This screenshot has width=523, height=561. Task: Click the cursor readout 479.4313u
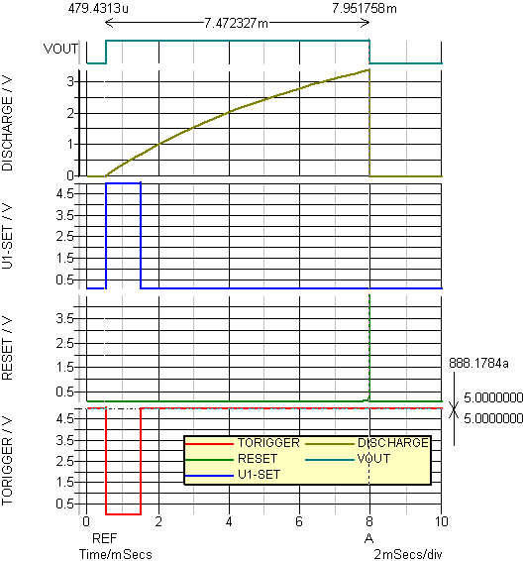pyautogui.click(x=98, y=8)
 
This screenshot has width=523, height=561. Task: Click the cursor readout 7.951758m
pyautogui.click(x=365, y=8)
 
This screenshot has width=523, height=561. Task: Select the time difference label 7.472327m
pyautogui.click(x=236, y=23)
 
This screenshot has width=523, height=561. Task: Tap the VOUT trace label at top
pyautogui.click(x=60, y=49)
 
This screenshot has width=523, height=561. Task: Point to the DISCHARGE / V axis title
pyautogui.click(x=7, y=124)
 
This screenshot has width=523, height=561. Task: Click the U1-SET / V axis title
pyautogui.click(x=7, y=236)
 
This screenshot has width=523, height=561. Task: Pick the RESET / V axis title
pyautogui.click(x=7, y=348)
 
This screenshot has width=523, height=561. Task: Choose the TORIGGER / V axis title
pyautogui.click(x=7, y=461)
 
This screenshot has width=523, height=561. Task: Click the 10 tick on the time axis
pyautogui.click(x=442, y=521)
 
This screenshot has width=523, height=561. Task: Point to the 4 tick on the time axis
pyautogui.click(x=229, y=521)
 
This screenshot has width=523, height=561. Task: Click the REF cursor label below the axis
pyautogui.click(x=104, y=538)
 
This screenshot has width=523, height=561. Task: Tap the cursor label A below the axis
pyautogui.click(x=368, y=538)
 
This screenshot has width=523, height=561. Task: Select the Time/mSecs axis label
pyautogui.click(x=116, y=554)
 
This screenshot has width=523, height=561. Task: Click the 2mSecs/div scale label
pyautogui.click(x=408, y=554)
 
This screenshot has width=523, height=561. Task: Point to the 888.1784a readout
pyautogui.click(x=478, y=364)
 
